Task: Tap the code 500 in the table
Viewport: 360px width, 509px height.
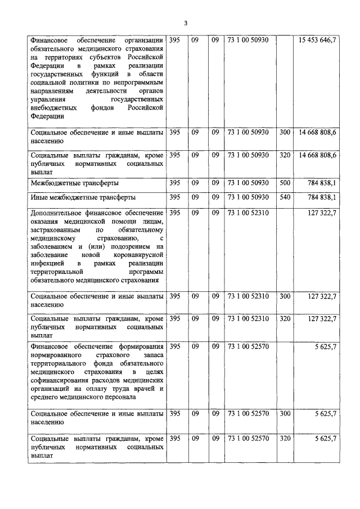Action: pos(285,183)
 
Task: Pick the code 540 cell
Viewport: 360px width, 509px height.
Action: pos(285,197)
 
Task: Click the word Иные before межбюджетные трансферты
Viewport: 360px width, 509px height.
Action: pos(41,198)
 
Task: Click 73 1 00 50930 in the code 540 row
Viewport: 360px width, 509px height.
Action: pos(248,197)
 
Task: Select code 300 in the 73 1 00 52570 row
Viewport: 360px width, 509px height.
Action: pos(285,414)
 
